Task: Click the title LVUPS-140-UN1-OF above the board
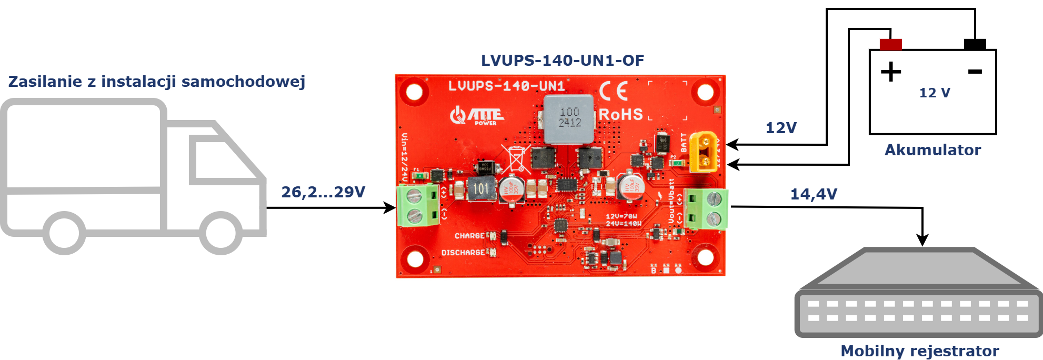562,61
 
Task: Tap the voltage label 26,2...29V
323,192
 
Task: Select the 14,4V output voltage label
813,194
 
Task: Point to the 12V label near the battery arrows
780,128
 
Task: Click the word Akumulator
932,150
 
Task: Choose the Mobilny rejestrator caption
919,351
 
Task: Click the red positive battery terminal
890,44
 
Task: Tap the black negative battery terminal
975,44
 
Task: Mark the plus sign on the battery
890,72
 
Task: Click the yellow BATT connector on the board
704,152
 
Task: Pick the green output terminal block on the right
706,208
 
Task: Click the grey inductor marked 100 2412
569,119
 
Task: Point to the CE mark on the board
614,91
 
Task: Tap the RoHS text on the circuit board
621,114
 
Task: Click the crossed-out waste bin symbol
516,158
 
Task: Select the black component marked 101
481,189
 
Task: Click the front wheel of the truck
221,233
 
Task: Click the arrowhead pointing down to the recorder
922,240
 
